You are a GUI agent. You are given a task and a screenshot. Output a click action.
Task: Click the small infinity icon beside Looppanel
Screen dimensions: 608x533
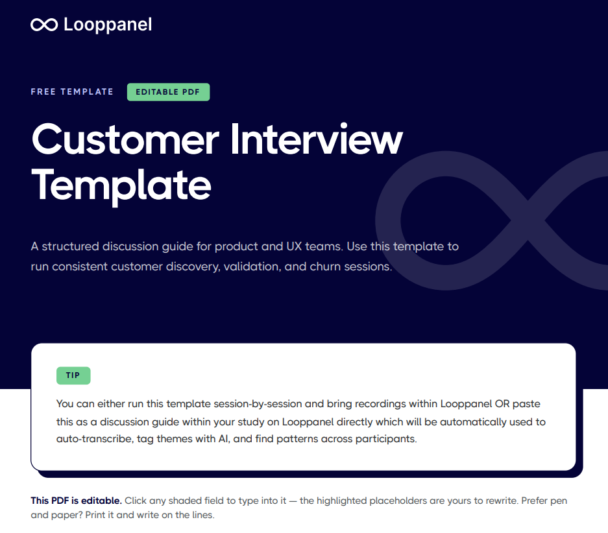[44, 25]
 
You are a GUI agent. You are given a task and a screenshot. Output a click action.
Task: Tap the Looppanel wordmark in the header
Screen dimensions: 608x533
[108, 25]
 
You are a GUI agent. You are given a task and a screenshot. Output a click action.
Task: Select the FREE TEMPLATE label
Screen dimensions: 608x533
[72, 92]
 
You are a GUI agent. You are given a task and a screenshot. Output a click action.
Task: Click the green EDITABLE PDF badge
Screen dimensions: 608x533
[168, 92]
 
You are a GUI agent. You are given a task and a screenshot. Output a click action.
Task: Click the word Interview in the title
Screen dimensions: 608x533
[317, 139]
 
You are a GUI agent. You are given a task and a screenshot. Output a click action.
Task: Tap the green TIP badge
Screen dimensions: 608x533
[73, 375]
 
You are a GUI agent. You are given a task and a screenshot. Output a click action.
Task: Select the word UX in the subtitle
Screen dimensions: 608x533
[294, 246]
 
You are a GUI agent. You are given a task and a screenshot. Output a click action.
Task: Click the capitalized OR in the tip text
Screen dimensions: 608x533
[502, 403]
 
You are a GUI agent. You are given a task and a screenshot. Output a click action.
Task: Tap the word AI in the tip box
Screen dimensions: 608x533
[224, 439]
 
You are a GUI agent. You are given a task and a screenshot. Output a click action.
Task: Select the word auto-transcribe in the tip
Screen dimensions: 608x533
[95, 439]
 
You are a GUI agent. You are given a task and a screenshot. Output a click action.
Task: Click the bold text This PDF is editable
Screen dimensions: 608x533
[77, 501]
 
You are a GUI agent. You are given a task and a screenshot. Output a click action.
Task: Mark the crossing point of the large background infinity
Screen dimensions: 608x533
[528, 220]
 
